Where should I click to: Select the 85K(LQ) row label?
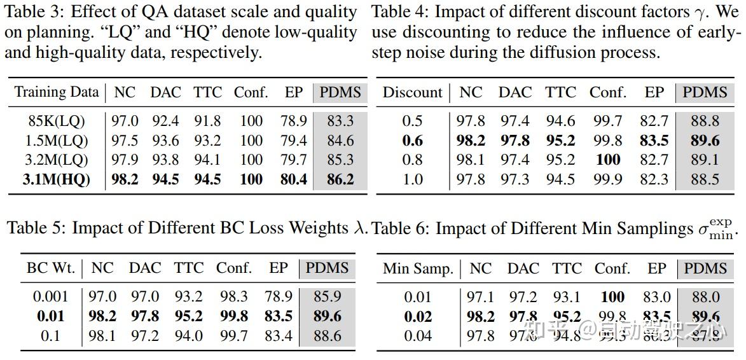57,120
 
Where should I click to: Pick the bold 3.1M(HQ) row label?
56,179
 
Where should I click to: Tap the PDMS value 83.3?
340,120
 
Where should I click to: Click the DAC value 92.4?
165,120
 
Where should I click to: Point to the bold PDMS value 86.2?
340,179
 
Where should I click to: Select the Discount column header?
412,92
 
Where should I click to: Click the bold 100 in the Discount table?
607,160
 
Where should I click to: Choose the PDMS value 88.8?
705,120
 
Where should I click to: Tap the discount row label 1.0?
412,179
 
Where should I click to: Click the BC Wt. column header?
50,268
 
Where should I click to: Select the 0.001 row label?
50,296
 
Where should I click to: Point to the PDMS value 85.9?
328,296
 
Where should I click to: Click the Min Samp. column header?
418,268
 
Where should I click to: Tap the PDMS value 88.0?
705,297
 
